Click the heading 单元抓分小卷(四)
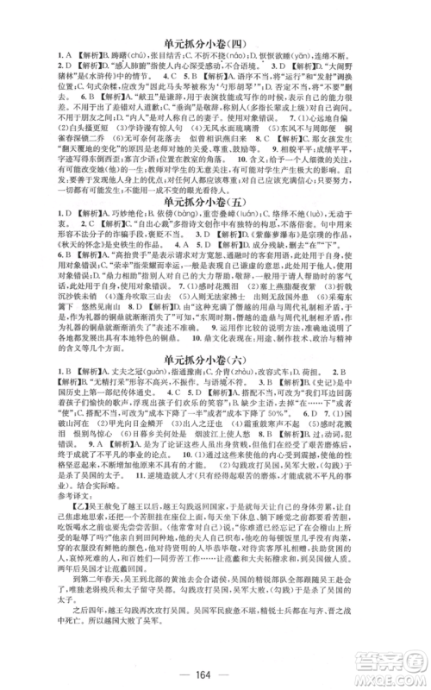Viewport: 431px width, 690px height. tap(215, 41)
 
